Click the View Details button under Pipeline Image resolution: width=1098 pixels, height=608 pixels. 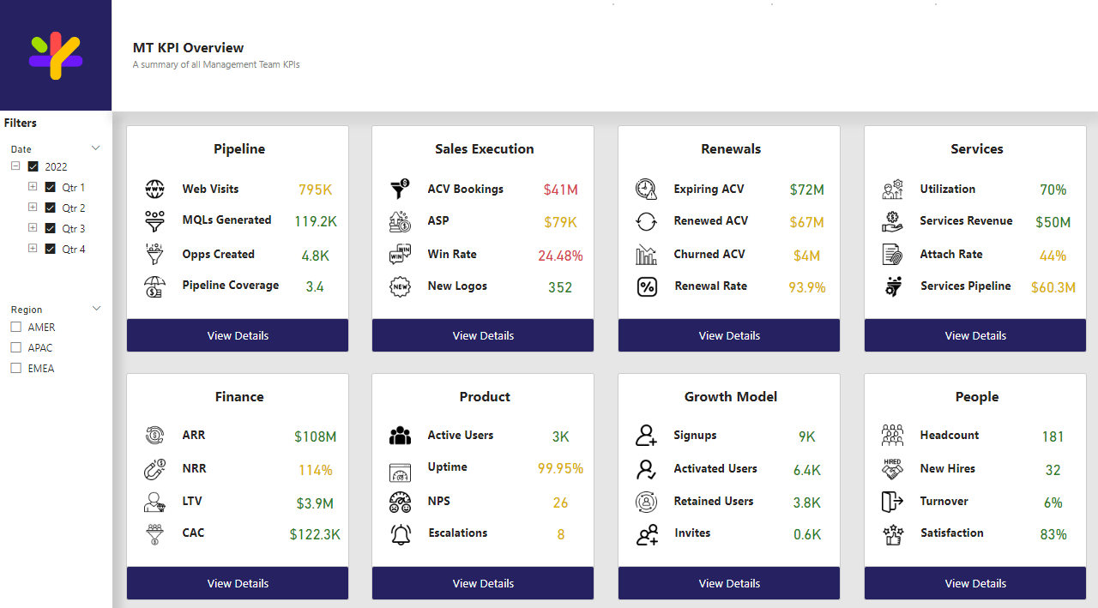238,335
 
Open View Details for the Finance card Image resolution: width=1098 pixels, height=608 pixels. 238,583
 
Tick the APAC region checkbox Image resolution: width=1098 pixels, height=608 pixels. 16,347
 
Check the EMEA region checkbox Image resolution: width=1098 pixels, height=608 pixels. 16,368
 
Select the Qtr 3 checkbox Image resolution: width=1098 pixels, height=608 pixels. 50,228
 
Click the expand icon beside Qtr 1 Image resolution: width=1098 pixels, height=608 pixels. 33,186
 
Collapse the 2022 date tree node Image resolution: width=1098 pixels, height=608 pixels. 15,166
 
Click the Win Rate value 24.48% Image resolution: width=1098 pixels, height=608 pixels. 560,256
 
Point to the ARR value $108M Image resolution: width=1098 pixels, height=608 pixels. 315,436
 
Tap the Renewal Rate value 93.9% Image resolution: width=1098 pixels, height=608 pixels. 806,287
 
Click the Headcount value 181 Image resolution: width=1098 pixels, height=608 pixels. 1053,436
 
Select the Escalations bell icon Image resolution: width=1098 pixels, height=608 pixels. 401,534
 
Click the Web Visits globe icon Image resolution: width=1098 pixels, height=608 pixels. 154,189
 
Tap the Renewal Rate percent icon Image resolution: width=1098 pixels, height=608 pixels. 647,286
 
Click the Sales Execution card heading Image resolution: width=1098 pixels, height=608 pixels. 484,149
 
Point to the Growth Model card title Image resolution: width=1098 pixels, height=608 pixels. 731,397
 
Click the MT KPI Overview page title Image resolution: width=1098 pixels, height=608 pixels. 188,48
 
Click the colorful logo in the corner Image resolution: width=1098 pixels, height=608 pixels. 56,56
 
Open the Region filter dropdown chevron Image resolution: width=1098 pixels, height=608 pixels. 96,309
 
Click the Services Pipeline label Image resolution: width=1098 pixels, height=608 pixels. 965,286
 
